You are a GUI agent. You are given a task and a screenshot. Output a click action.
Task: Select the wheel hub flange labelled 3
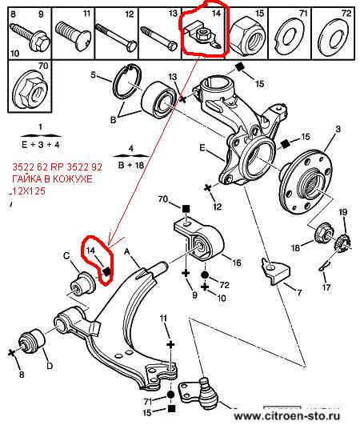pyautogui.click(x=306, y=182)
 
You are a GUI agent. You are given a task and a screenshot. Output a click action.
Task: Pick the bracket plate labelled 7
pyautogui.click(x=275, y=271)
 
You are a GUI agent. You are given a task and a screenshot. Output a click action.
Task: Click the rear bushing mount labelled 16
pyautogui.click(x=199, y=240)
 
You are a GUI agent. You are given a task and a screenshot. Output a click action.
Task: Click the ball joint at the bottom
pyautogui.click(x=201, y=395)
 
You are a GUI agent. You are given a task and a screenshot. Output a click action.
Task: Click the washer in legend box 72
pyautogui.click(x=333, y=35)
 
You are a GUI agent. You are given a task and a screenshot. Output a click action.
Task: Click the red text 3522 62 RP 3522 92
pyautogui.click(x=57, y=167)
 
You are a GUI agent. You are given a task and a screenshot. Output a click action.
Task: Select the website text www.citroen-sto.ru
pyautogui.click(x=287, y=415)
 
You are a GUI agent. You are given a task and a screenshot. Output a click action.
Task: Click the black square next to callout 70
pyautogui.click(x=186, y=208)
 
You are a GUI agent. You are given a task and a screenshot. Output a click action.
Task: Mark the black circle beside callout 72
pyautogui.click(x=205, y=275)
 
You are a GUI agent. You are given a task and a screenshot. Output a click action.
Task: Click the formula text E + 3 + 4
pyautogui.click(x=41, y=144)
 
